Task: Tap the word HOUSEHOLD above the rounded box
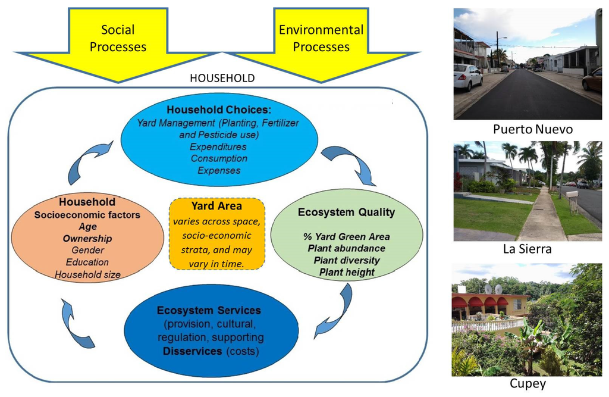(222, 78)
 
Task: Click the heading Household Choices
(218, 110)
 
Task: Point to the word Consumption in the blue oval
(218, 158)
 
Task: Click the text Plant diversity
(347, 260)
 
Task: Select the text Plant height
(347, 272)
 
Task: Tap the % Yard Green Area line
(347, 236)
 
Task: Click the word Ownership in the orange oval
(87, 238)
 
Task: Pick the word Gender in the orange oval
(87, 250)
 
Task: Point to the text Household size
(87, 274)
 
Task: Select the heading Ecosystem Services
(209, 311)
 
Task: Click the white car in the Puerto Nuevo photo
(467, 77)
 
